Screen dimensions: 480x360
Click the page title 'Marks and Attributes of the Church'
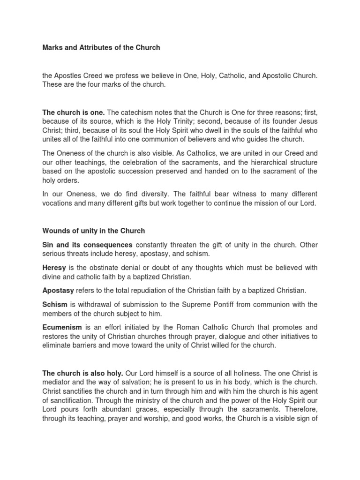click(x=101, y=48)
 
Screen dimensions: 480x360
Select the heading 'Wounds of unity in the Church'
click(x=94, y=231)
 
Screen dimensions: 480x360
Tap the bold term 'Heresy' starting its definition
click(x=54, y=268)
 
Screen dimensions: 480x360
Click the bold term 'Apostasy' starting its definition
click(x=58, y=291)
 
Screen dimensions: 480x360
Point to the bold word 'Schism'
click(x=54, y=305)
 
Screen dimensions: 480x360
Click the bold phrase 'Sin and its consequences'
click(x=88, y=245)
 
